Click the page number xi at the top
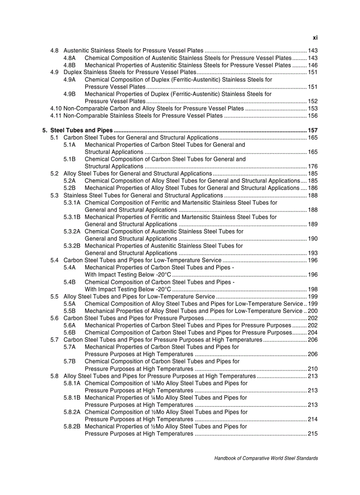[315, 38]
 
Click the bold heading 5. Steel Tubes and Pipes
[78, 130]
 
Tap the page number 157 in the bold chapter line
[313, 130]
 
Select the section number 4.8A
[70, 58]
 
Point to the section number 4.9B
[70, 94]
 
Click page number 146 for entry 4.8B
[313, 65]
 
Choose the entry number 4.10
[56, 108]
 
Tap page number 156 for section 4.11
[313, 115]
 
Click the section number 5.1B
[70, 159]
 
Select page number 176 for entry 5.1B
[313, 166]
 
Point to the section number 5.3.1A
[72, 202]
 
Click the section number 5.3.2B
[72, 246]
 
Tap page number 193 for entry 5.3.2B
[313, 253]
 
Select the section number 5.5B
[70, 311]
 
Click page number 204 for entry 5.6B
[313, 332]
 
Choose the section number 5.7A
[70, 347]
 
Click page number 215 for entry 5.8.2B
[313, 434]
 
